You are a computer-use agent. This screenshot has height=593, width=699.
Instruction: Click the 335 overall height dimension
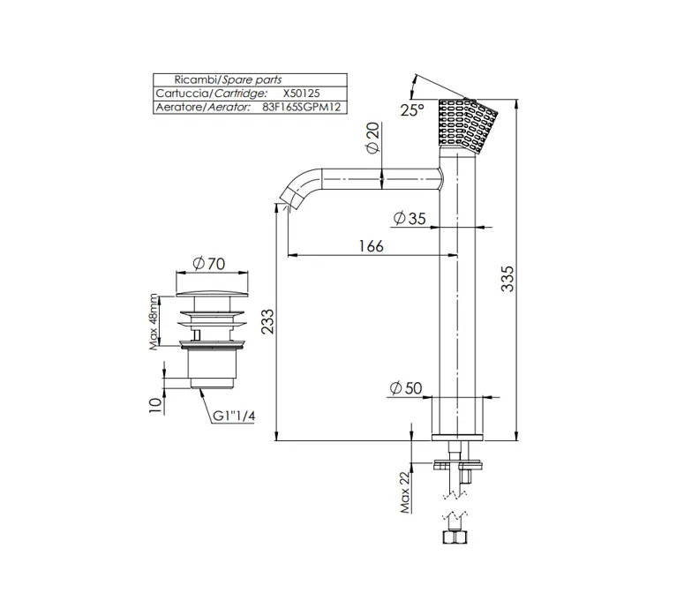click(x=507, y=279)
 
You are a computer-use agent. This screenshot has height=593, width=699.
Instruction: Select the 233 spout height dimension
click(x=267, y=321)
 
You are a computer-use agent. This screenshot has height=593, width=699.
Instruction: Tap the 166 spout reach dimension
click(x=371, y=245)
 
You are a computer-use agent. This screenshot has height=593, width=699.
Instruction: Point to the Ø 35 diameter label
click(x=410, y=219)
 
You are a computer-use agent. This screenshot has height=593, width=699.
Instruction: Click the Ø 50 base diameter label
click(x=406, y=388)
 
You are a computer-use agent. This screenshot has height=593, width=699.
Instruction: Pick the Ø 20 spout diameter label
click(x=372, y=138)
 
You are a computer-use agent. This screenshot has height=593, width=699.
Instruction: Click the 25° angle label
click(x=412, y=109)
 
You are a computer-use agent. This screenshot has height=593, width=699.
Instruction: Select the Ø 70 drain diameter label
click(x=209, y=264)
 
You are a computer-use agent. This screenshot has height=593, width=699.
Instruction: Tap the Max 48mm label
click(x=154, y=321)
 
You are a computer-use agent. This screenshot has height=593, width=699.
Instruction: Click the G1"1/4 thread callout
click(x=234, y=416)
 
